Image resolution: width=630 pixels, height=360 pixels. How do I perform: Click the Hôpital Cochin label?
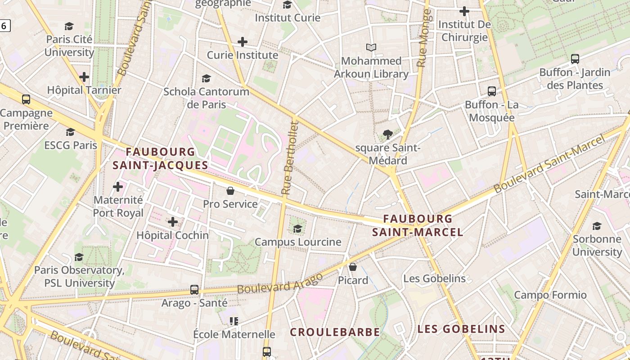(x=172, y=235)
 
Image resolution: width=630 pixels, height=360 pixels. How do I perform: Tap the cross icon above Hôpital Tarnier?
(x=84, y=77)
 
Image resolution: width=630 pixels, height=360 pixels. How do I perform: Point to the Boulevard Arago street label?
(x=280, y=283)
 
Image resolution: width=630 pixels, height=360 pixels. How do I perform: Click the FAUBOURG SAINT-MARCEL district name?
(x=418, y=225)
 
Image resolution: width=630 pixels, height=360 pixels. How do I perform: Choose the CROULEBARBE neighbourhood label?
(x=335, y=332)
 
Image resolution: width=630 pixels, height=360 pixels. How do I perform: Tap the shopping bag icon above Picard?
(x=353, y=267)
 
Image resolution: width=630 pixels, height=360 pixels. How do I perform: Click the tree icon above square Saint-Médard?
(x=387, y=134)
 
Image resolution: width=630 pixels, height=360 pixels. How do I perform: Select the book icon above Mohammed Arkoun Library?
(x=371, y=47)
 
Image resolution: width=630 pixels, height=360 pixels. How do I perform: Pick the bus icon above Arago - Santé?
(x=194, y=290)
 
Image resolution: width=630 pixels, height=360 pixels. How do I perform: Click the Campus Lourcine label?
(x=298, y=242)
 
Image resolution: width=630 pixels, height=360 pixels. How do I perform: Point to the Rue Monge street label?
(x=423, y=38)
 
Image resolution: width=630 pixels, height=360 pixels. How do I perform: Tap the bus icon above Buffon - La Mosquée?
(x=492, y=91)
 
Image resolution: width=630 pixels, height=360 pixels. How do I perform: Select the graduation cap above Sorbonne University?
(x=597, y=226)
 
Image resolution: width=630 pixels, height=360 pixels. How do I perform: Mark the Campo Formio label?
(x=550, y=295)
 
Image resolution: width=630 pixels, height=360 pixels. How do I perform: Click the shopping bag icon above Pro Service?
(x=230, y=191)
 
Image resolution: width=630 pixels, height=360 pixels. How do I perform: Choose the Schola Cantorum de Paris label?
(x=206, y=98)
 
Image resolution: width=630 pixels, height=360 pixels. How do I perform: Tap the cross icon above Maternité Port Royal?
(x=118, y=186)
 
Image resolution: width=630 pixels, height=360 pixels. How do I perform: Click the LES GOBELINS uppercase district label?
(x=461, y=329)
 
